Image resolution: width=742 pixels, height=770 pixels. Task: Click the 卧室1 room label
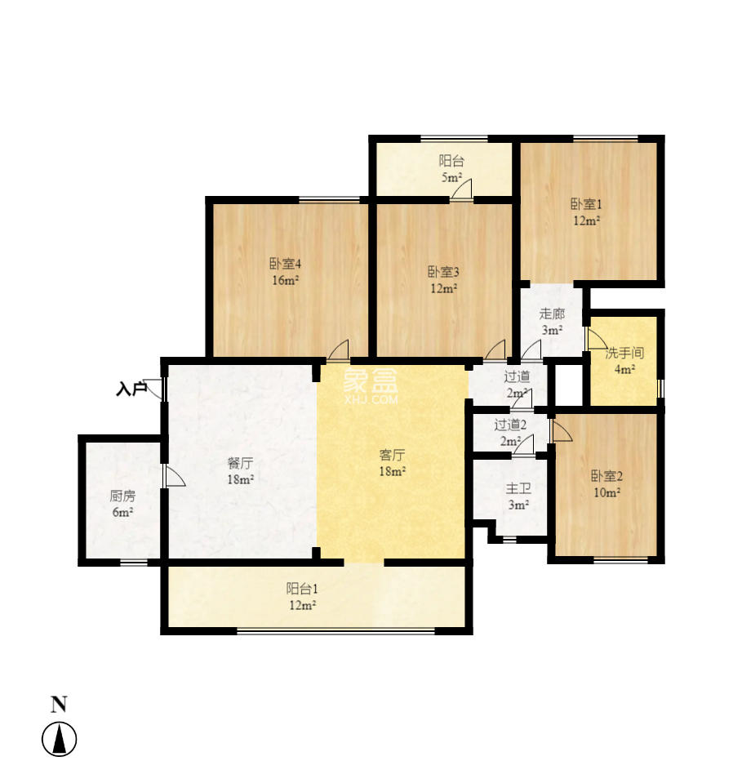pyautogui.click(x=586, y=205)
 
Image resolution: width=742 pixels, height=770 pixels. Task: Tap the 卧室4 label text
pyautogui.click(x=286, y=264)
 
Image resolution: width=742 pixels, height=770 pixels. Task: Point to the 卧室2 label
pyautogui.click(x=606, y=477)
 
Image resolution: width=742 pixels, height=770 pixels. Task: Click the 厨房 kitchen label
pyautogui.click(x=122, y=496)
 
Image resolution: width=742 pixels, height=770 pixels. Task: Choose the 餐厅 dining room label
pyautogui.click(x=240, y=463)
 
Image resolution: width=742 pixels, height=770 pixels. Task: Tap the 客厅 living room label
pyautogui.click(x=393, y=455)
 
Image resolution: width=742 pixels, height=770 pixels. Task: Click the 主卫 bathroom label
pyautogui.click(x=518, y=488)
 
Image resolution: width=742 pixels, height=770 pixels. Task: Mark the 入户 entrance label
pyautogui.click(x=131, y=389)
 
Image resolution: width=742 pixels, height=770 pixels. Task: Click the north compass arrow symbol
pyautogui.click(x=59, y=740)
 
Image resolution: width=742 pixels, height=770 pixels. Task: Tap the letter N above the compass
pyautogui.click(x=59, y=704)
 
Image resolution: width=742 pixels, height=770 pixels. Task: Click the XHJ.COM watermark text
pyautogui.click(x=371, y=400)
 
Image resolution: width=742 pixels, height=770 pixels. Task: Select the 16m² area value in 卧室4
pyautogui.click(x=285, y=280)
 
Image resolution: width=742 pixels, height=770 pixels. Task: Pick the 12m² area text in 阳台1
pyautogui.click(x=302, y=605)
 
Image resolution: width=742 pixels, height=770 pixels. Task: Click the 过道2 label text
pyautogui.click(x=510, y=425)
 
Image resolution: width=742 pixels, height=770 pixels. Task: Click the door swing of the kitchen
pyautogui.click(x=174, y=477)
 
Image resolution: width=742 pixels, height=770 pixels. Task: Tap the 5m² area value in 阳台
pyautogui.click(x=451, y=177)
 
